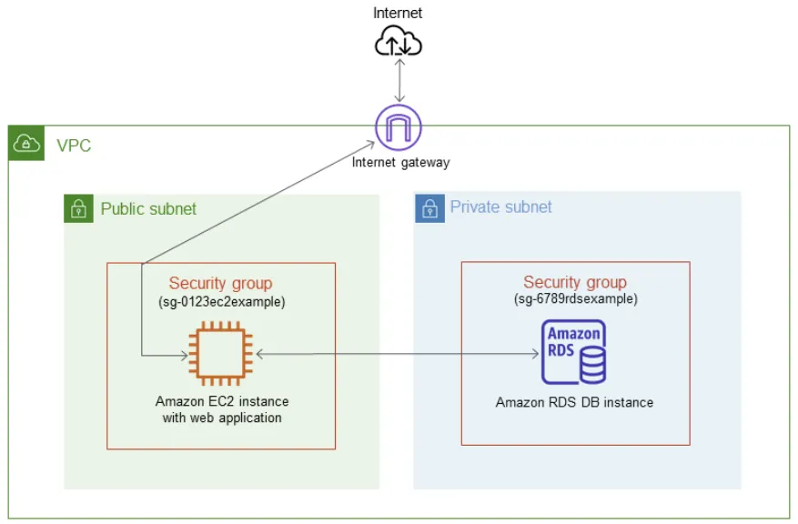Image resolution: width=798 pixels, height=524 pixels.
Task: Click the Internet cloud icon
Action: point(398,41)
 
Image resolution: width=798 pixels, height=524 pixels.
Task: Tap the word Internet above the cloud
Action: point(398,13)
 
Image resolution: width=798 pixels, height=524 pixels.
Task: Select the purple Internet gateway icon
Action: point(399,127)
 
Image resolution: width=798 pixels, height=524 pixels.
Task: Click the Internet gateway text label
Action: point(401,162)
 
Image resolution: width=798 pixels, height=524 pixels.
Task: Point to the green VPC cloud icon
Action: point(26,143)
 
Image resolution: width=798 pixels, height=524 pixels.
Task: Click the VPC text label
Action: point(74,146)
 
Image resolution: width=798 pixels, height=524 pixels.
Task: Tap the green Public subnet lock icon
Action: point(78,208)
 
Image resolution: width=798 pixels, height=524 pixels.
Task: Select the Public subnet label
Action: point(148,208)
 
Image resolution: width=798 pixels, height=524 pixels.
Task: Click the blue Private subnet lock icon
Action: point(430,208)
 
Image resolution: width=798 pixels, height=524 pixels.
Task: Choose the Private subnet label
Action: point(500,207)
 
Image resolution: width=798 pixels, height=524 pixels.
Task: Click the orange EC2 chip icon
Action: point(221,353)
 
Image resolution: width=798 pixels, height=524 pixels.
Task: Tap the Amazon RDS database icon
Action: point(573,351)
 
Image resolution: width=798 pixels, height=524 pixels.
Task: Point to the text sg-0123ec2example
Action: point(222,302)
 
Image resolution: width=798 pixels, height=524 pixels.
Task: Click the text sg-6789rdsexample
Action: point(576,298)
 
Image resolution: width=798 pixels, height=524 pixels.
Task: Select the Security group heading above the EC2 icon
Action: point(220,283)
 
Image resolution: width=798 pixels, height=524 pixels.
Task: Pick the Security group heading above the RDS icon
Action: point(575,282)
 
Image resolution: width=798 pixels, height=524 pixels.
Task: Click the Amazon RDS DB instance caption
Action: point(574,402)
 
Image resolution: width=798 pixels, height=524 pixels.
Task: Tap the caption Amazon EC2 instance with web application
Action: point(222,409)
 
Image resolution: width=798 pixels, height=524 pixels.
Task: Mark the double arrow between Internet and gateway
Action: point(400,80)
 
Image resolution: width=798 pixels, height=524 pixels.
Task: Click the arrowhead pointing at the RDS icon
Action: point(535,354)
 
